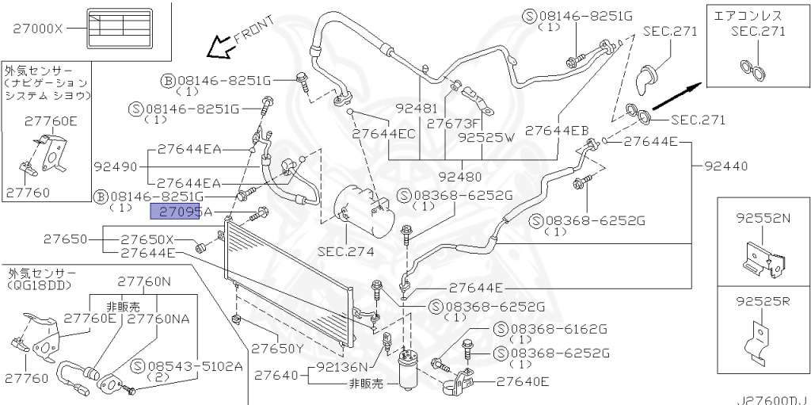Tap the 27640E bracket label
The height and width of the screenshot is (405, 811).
tap(523, 382)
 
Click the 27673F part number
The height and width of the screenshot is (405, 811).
tap(453, 123)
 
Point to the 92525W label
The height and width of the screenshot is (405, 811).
tap(486, 136)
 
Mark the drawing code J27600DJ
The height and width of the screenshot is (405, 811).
tap(772, 399)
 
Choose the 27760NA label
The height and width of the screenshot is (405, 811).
tap(158, 319)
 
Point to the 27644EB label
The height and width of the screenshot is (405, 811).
tap(557, 130)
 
